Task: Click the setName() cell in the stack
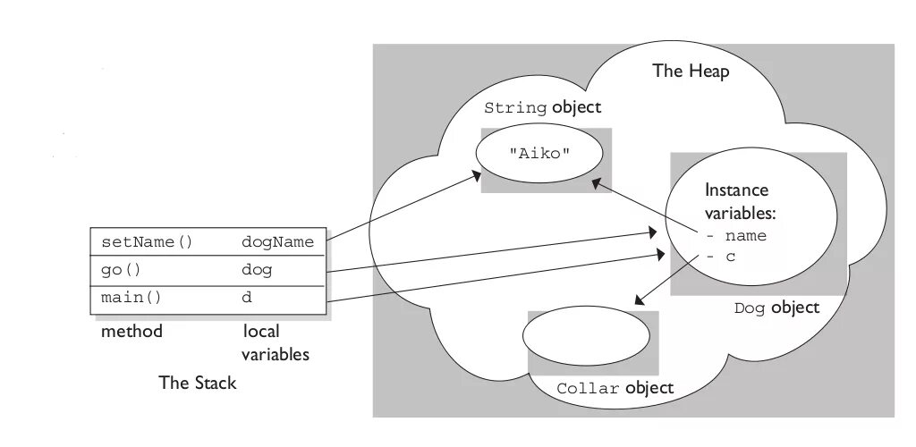pyautogui.click(x=147, y=242)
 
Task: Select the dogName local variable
pyautogui.click(x=277, y=242)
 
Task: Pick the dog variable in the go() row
pyautogui.click(x=257, y=270)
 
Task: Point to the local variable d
pyautogui.click(x=248, y=298)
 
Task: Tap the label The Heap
pyautogui.click(x=691, y=72)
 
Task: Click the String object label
pyautogui.click(x=542, y=108)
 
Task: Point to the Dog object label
pyautogui.click(x=776, y=308)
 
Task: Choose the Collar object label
pyautogui.click(x=615, y=389)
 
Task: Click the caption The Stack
pyautogui.click(x=198, y=384)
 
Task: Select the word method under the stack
pyautogui.click(x=132, y=332)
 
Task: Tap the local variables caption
pyautogui.click(x=276, y=343)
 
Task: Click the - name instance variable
pyautogui.click(x=736, y=237)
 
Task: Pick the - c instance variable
pyautogui.click(x=721, y=257)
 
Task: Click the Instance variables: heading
pyautogui.click(x=741, y=202)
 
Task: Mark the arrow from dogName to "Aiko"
pyautogui.click(x=403, y=207)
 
